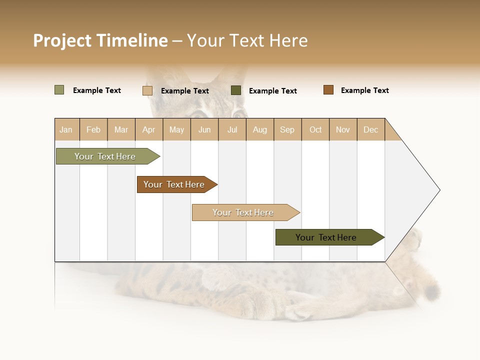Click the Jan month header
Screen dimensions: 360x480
pyautogui.click(x=66, y=129)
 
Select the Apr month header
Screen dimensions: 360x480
pyautogui.click(x=149, y=129)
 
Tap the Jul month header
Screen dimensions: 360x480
pyautogui.click(x=232, y=129)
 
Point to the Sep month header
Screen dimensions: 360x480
pyautogui.click(x=287, y=129)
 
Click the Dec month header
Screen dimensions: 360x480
pyautogui.click(x=370, y=129)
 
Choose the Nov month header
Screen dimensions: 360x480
pyautogui.click(x=343, y=129)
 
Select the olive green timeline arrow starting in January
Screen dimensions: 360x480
pyautogui.click(x=105, y=156)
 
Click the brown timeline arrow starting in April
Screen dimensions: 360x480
pyautogui.click(x=174, y=184)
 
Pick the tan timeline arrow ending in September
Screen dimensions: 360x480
pyautogui.click(x=243, y=212)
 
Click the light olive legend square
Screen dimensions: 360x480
pyautogui.click(x=59, y=90)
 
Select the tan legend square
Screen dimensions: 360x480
pyautogui.click(x=147, y=90)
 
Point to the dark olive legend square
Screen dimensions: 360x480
pyautogui.click(x=236, y=90)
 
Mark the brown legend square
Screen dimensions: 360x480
pyautogui.click(x=328, y=90)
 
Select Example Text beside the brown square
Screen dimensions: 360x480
pyautogui.click(x=364, y=90)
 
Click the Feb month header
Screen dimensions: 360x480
pyautogui.click(x=93, y=129)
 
